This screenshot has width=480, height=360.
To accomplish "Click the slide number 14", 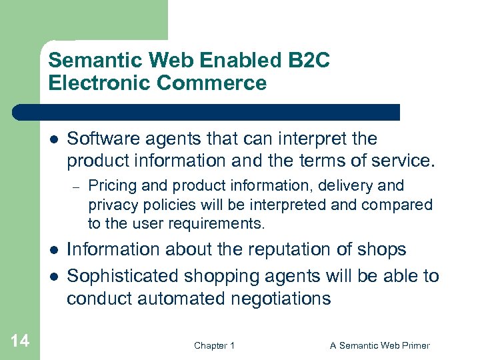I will click(x=20, y=341).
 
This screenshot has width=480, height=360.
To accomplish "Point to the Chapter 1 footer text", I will click(x=214, y=345).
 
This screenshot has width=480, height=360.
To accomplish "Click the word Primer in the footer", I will click(x=414, y=345).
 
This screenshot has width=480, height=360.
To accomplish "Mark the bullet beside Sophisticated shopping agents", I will click(x=53, y=275).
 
